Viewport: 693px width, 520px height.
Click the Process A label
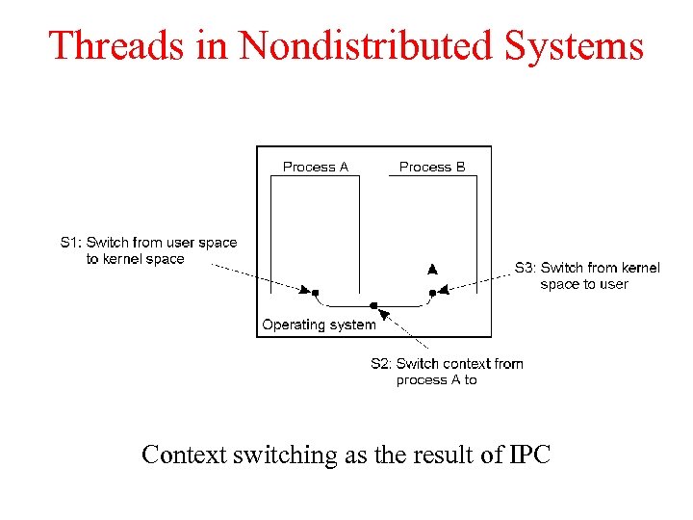pos(316,167)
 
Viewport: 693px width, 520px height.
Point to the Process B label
pos(432,167)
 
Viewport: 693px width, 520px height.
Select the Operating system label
pos(319,325)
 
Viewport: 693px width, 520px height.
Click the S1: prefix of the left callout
pos(71,243)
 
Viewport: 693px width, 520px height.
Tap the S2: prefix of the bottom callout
pos(381,363)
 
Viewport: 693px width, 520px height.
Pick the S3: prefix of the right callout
pos(526,268)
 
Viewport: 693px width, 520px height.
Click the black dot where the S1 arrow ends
pos(316,292)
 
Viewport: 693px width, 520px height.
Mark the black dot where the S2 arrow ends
pos(373,306)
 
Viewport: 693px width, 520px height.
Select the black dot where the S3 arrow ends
pos(432,292)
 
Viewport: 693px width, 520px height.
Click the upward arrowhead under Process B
pos(432,269)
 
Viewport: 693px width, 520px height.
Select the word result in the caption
pos(441,455)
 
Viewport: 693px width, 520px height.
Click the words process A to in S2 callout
pos(436,379)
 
